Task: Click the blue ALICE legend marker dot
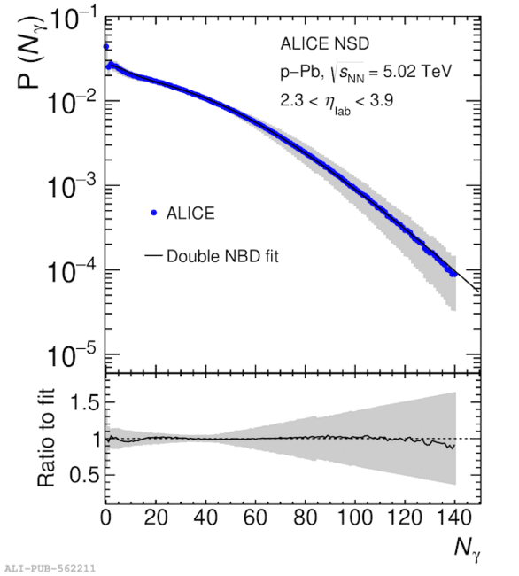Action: coord(154,213)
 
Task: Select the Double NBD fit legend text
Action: coord(222,256)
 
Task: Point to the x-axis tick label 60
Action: coord(255,518)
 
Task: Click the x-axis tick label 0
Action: coord(105,518)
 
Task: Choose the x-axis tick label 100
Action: coord(355,518)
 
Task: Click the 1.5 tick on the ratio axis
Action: coord(84,402)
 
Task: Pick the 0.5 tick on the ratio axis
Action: coord(84,475)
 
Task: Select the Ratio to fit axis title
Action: coord(46,438)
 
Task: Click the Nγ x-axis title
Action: coord(467,549)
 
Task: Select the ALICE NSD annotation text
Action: coord(325,43)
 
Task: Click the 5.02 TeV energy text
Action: coord(417,71)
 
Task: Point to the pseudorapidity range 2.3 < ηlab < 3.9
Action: coord(337,102)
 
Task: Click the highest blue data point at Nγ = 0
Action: coord(106,47)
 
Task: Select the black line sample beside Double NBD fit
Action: coord(153,255)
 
